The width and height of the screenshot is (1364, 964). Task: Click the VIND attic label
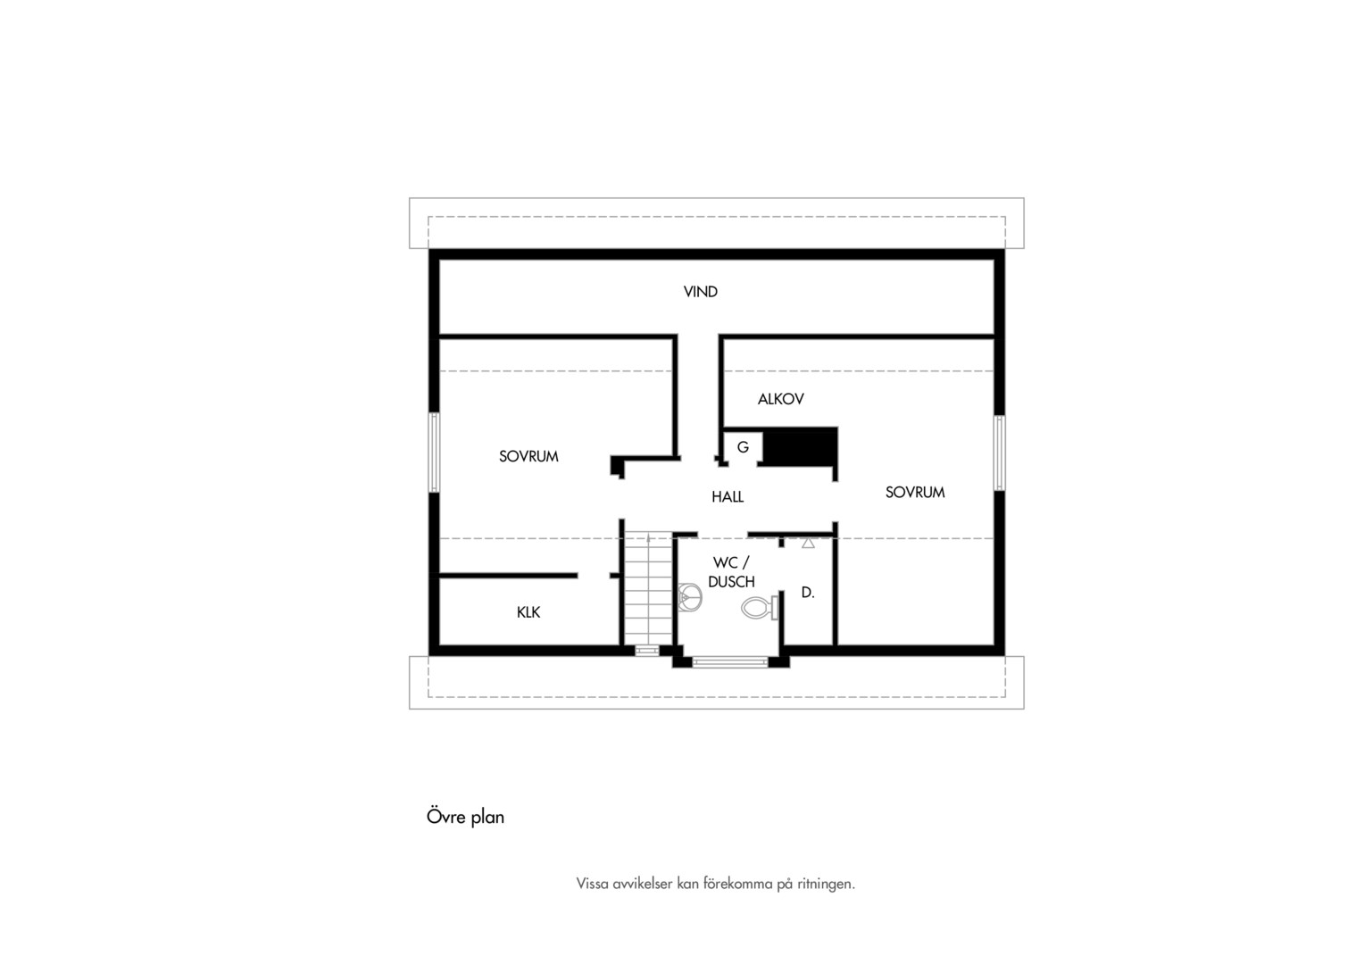pos(700,292)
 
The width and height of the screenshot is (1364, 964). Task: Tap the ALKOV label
pos(781,400)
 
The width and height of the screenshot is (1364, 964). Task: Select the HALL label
pos(728,497)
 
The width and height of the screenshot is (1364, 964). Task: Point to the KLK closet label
pos(528,612)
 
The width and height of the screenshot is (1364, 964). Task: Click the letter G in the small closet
pos(743,447)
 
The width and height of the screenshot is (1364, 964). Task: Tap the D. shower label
pos(808,593)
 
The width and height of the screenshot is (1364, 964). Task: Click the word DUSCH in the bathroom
pos(731,582)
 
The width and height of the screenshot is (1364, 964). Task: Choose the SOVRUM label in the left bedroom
pos(528,457)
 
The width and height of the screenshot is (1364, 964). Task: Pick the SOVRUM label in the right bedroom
pos(915,493)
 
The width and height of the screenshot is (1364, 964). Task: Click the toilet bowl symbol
pos(760,608)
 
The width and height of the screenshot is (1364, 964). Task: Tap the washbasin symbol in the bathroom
pos(690,597)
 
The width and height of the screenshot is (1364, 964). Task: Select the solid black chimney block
pos(800,447)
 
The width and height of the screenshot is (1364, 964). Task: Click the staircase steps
pos(648,588)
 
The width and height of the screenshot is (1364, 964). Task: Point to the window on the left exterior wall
pos(434,453)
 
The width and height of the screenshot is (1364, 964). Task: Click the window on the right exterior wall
pos(999,453)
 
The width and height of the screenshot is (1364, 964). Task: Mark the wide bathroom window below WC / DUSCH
pos(730,662)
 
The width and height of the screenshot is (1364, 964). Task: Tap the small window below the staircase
pos(646,651)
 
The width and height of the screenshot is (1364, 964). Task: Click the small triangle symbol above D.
pos(808,544)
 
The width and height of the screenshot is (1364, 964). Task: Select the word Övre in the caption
pos(446,816)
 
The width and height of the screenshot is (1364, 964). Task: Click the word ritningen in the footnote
pos(826,885)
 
